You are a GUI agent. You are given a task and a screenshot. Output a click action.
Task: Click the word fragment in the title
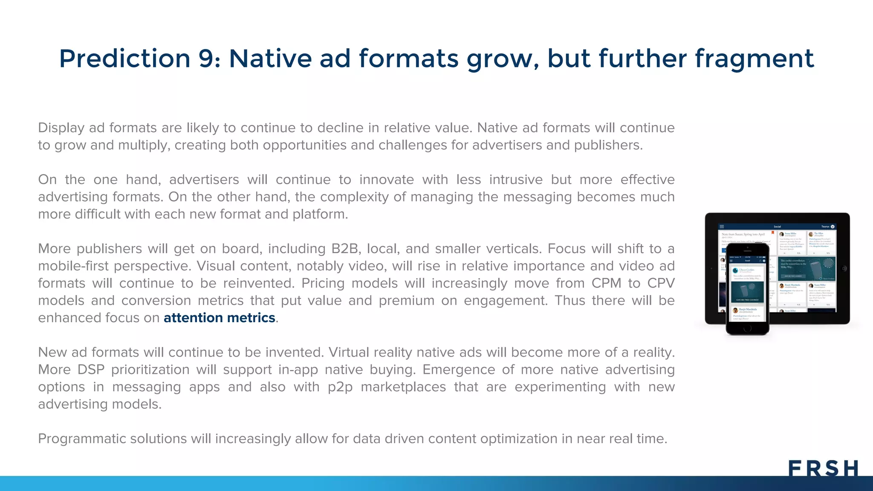pyautogui.click(x=754, y=58)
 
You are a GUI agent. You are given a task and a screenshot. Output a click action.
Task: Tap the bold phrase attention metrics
pyautogui.click(x=219, y=318)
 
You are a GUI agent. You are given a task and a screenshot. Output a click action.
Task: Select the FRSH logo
pyautogui.click(x=823, y=468)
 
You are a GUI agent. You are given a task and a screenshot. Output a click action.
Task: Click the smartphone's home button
pyautogui.click(x=747, y=329)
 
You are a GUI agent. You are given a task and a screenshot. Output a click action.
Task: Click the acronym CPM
pyautogui.click(x=606, y=283)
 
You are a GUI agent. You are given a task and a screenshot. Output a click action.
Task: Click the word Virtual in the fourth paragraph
pyautogui.click(x=352, y=352)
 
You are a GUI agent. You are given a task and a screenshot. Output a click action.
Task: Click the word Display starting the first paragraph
pyautogui.click(x=61, y=128)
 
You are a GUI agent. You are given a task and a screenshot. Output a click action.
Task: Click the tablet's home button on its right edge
pyautogui.click(x=844, y=269)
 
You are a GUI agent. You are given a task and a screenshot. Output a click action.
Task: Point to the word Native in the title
pyautogui.click(x=270, y=58)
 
